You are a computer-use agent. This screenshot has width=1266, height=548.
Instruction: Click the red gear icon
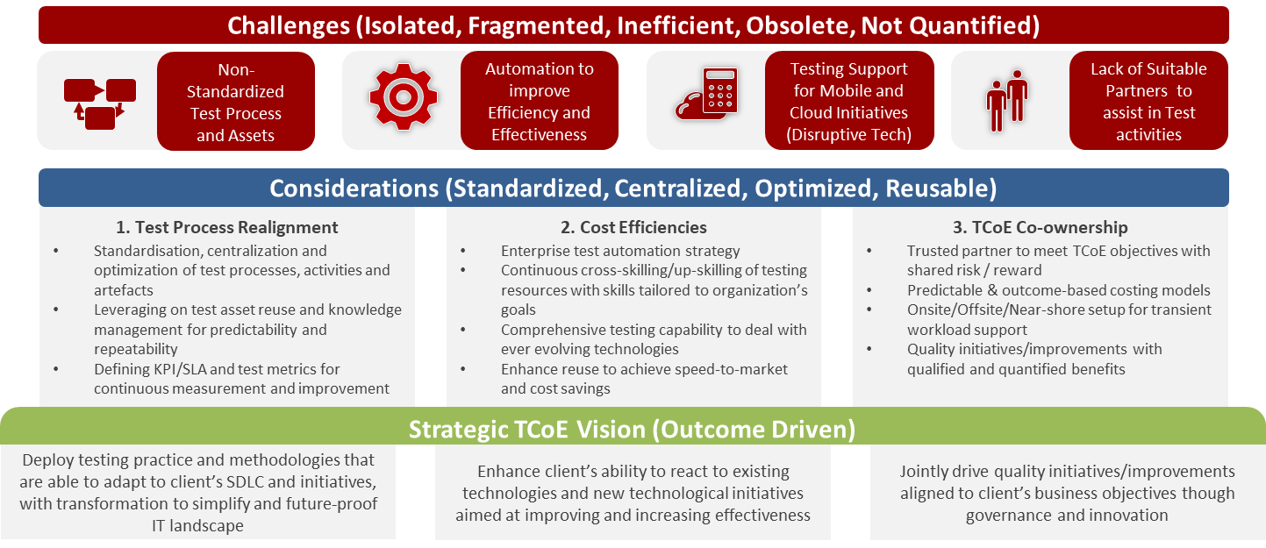pos(403,97)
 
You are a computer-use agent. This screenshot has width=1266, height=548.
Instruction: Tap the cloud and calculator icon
pos(706,93)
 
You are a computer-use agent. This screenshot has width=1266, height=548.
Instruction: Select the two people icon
pos(1007,101)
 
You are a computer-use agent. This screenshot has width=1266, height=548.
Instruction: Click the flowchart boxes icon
pos(100,104)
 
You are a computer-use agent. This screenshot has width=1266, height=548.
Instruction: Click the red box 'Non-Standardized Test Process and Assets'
pos(236,102)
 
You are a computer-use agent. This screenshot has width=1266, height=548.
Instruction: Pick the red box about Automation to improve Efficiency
pos(540,101)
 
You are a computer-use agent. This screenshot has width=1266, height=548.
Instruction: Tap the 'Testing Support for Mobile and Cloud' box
pos(849,101)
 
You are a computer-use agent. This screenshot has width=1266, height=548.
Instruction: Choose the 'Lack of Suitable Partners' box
pos(1148,101)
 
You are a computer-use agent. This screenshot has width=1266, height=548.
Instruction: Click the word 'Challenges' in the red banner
pos(289,26)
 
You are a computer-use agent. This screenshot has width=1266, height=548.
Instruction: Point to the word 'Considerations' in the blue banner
pos(354,189)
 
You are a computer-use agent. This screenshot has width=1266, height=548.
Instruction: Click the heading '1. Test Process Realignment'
pos(226,227)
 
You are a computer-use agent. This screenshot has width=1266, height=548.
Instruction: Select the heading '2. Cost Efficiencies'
pos(633,227)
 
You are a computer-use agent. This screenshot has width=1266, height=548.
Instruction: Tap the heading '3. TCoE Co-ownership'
pos(1040,227)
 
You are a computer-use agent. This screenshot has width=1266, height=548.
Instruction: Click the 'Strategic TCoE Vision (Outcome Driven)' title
pos(632,430)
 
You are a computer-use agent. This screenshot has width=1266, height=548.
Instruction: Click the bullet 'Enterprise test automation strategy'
pos(620,251)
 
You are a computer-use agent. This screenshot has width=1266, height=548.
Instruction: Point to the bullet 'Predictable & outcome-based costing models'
pos(1059,290)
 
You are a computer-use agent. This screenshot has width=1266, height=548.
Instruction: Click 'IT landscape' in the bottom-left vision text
pos(197,526)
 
